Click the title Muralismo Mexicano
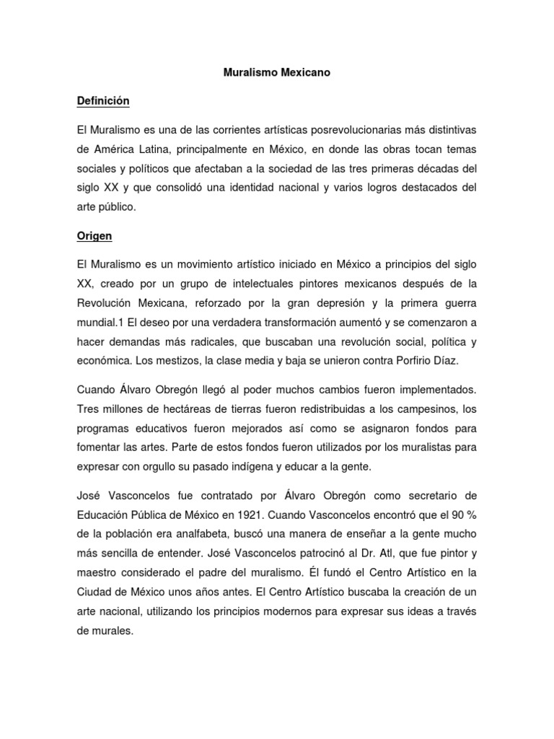[276, 73]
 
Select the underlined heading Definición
[103, 101]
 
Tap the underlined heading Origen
[94, 235]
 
